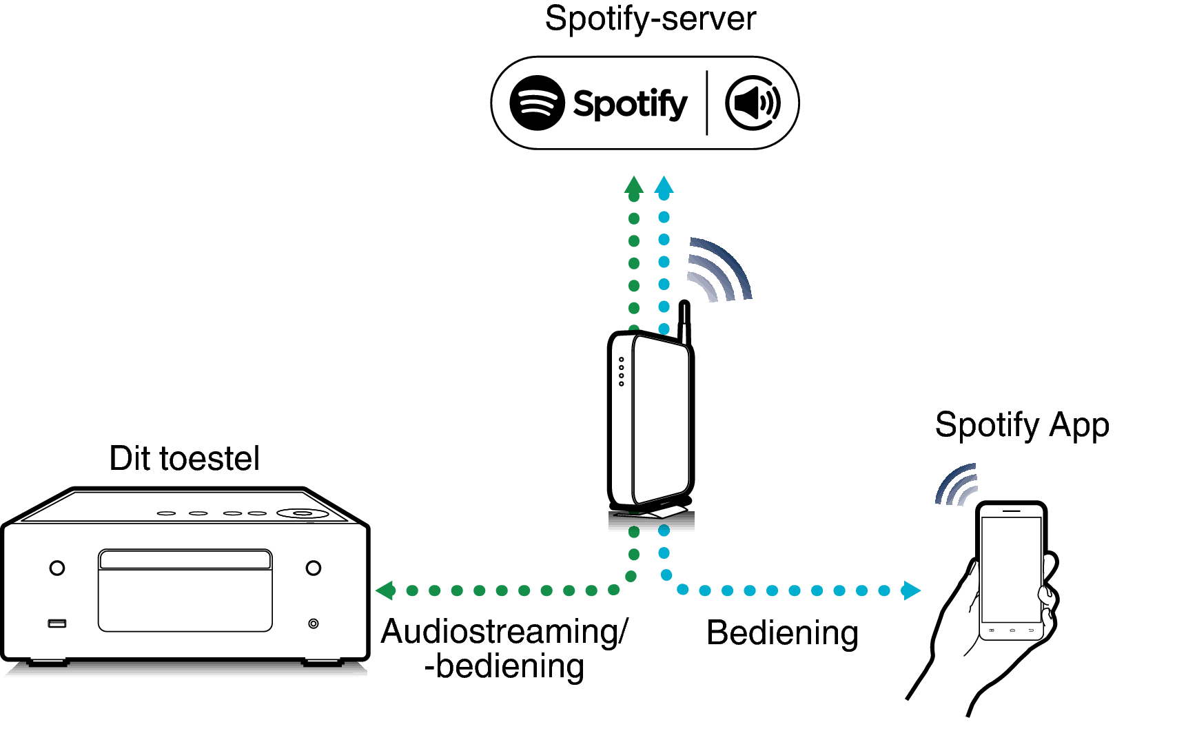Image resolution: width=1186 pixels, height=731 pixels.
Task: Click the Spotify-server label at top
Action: click(650, 19)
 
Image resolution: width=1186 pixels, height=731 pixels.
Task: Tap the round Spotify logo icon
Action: click(537, 103)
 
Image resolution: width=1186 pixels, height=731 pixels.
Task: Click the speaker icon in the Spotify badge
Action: click(753, 103)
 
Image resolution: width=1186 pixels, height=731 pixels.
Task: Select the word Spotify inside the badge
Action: click(630, 104)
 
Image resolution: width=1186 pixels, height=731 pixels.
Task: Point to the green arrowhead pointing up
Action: click(633, 186)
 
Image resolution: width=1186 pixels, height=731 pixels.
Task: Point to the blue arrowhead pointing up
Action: click(664, 185)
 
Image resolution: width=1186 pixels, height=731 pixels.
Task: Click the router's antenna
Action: click(684, 321)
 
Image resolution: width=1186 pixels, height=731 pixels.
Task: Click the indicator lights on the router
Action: click(622, 371)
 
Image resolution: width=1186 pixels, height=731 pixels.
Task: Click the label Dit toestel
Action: click(184, 459)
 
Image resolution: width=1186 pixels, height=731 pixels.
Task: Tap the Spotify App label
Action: click(1021, 425)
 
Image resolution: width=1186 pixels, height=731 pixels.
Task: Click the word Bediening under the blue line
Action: click(782, 633)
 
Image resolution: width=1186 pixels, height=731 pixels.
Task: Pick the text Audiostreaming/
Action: click(504, 632)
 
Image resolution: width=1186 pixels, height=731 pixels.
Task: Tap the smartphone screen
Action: click(1010, 568)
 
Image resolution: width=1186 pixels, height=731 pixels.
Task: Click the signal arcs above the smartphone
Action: click(957, 484)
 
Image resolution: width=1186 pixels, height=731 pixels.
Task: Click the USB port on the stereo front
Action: click(57, 624)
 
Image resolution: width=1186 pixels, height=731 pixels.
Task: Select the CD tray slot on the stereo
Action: click(185, 559)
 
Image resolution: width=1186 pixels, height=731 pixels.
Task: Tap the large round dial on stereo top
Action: click(301, 513)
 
